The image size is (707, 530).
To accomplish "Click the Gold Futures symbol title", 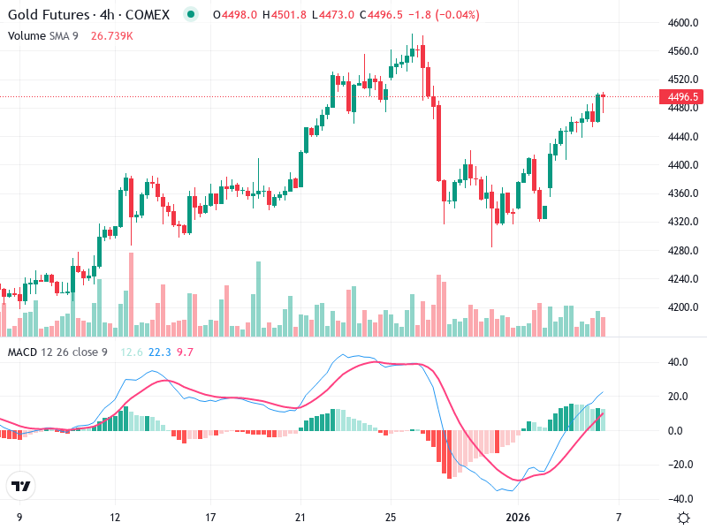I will pyautogui.click(x=48, y=15).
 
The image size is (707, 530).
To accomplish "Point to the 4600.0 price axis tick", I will pyautogui.click(x=684, y=23).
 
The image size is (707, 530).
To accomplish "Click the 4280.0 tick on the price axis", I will pyautogui.click(x=684, y=251).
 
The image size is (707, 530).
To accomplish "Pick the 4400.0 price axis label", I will pyautogui.click(x=684, y=165).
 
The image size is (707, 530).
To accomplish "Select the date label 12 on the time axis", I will pyautogui.click(x=114, y=516).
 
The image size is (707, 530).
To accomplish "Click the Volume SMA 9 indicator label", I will pyautogui.click(x=43, y=35).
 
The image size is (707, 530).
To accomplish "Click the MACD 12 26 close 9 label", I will pyautogui.click(x=57, y=352).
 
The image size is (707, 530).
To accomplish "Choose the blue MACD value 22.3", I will pyautogui.click(x=160, y=352).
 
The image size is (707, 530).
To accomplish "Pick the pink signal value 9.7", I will pyautogui.click(x=185, y=352).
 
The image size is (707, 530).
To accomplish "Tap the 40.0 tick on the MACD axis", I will pyautogui.click(x=679, y=362).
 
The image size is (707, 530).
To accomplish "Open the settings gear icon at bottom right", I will pyautogui.click(x=683, y=517).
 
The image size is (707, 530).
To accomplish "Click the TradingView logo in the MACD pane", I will pyautogui.click(x=21, y=486).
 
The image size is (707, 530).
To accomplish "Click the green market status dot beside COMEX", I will pyautogui.click(x=190, y=15).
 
